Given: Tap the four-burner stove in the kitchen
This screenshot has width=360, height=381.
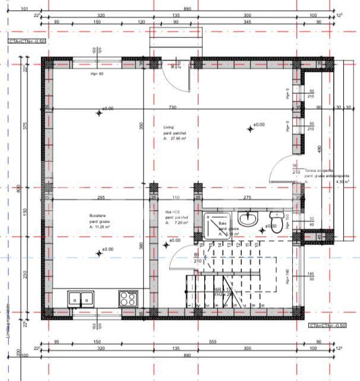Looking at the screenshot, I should pyautogui.click(x=128, y=297).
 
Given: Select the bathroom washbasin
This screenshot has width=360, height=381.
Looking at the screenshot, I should pyautogui.click(x=250, y=220).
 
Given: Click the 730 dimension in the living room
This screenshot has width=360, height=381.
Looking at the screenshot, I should pyautogui.click(x=172, y=107).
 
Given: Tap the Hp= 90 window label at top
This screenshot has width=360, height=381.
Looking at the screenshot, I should pyautogui.click(x=97, y=74).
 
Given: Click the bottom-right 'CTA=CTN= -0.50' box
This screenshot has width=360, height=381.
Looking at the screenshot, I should pyautogui.click(x=327, y=326).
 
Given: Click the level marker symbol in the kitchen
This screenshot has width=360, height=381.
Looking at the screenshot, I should pyautogui.click(x=99, y=253).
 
